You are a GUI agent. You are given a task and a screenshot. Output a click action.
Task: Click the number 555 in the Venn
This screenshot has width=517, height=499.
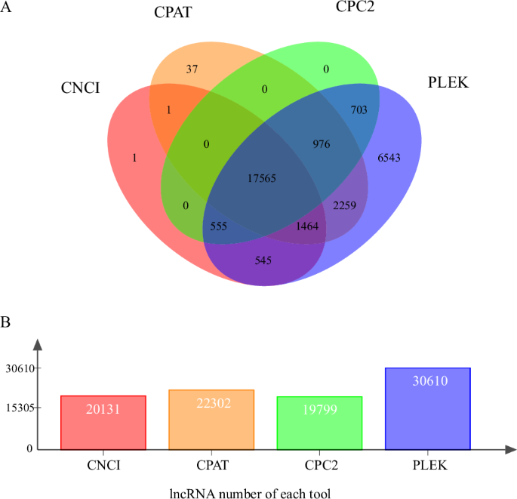(x=220, y=226)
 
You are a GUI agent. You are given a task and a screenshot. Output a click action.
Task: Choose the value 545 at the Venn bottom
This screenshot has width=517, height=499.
(x=263, y=260)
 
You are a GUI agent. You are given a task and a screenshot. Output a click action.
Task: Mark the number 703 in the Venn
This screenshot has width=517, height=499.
(x=359, y=109)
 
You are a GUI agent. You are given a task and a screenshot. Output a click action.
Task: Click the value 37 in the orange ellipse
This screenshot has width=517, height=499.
(x=192, y=69)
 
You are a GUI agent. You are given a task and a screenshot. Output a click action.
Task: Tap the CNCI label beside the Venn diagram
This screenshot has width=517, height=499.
(x=81, y=89)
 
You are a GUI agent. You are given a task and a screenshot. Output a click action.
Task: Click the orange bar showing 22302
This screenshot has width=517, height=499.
(x=212, y=419)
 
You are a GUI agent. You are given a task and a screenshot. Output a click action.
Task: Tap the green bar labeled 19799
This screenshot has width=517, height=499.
(x=320, y=423)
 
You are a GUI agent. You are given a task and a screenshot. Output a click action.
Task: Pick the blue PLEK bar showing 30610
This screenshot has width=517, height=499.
(x=428, y=408)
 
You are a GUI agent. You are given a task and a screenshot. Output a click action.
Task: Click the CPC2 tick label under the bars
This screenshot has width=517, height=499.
(x=320, y=466)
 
